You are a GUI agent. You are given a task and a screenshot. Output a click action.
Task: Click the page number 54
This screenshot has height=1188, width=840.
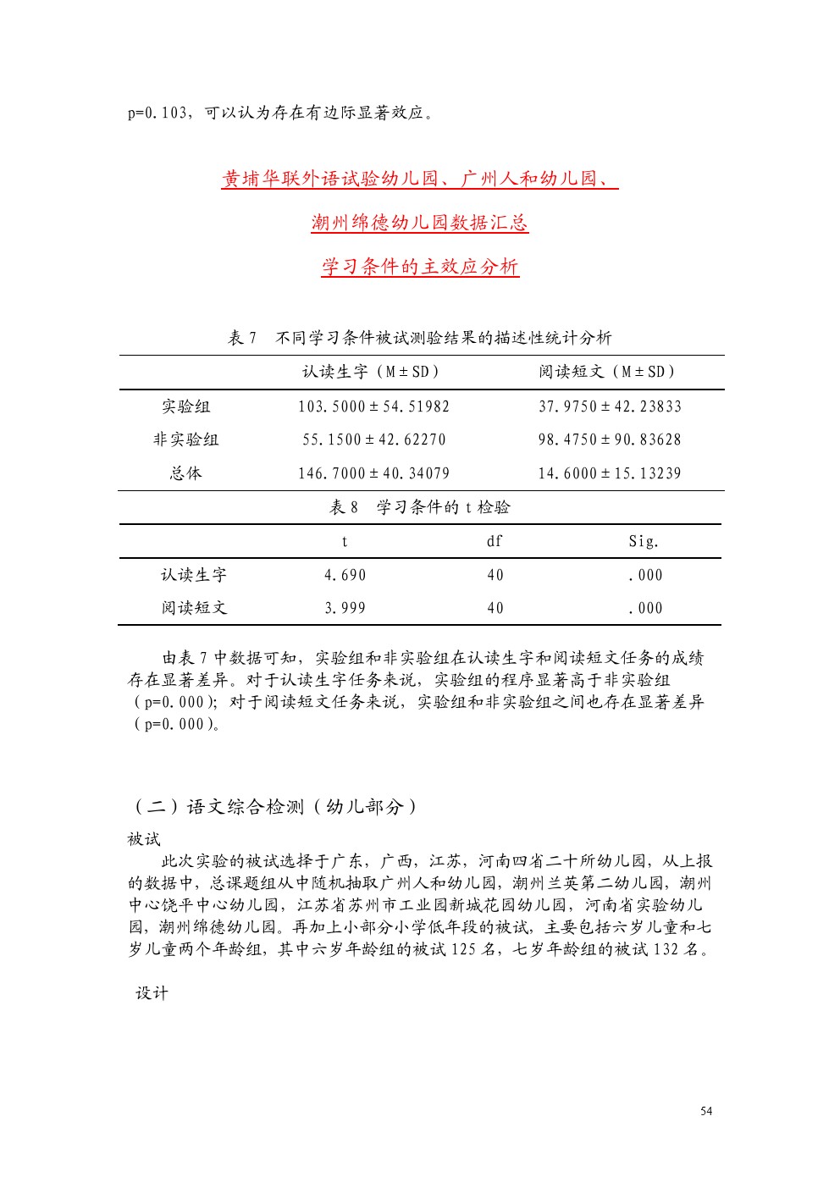[x=706, y=1111]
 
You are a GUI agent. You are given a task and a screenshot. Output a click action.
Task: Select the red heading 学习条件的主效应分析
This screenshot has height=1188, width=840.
[x=420, y=267]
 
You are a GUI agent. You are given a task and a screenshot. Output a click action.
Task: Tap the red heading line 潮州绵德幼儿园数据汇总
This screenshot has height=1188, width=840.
[x=420, y=223]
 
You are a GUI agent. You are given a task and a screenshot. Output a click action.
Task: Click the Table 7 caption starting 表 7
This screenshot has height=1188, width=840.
[x=420, y=338]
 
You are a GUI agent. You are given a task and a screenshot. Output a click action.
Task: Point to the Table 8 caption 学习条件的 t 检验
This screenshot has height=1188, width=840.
[x=420, y=507]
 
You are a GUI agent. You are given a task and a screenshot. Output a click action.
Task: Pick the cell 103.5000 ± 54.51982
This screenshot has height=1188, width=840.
[x=373, y=406]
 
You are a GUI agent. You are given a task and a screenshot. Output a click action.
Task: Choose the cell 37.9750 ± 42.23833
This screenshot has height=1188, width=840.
[x=610, y=406]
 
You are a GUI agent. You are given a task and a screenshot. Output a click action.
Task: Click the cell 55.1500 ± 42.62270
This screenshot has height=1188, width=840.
[x=373, y=439]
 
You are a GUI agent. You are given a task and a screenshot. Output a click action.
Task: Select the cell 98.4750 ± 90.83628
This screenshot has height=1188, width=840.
[x=610, y=439]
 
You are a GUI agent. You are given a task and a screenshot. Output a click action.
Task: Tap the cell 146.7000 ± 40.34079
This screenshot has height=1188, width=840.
[x=373, y=473]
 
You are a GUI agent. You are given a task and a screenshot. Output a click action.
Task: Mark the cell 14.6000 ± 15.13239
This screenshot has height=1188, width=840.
[x=610, y=473]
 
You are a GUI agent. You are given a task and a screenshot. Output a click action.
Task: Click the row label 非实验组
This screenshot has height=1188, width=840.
[x=185, y=439]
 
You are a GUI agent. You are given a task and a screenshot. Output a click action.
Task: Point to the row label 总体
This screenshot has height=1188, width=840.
[x=185, y=473]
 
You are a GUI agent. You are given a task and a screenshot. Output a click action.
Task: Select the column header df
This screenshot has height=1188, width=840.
[x=495, y=541]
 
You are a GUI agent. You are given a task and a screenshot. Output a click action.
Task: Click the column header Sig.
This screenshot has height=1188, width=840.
[x=644, y=541]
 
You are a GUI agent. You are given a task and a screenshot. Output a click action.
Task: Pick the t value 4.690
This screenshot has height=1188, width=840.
[x=345, y=575]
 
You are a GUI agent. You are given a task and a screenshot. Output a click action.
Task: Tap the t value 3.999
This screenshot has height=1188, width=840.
[x=345, y=608]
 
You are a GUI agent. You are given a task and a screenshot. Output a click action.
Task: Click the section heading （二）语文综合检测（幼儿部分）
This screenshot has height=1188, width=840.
[x=275, y=807]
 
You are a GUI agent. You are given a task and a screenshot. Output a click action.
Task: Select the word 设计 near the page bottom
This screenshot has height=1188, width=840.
[x=152, y=993]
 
